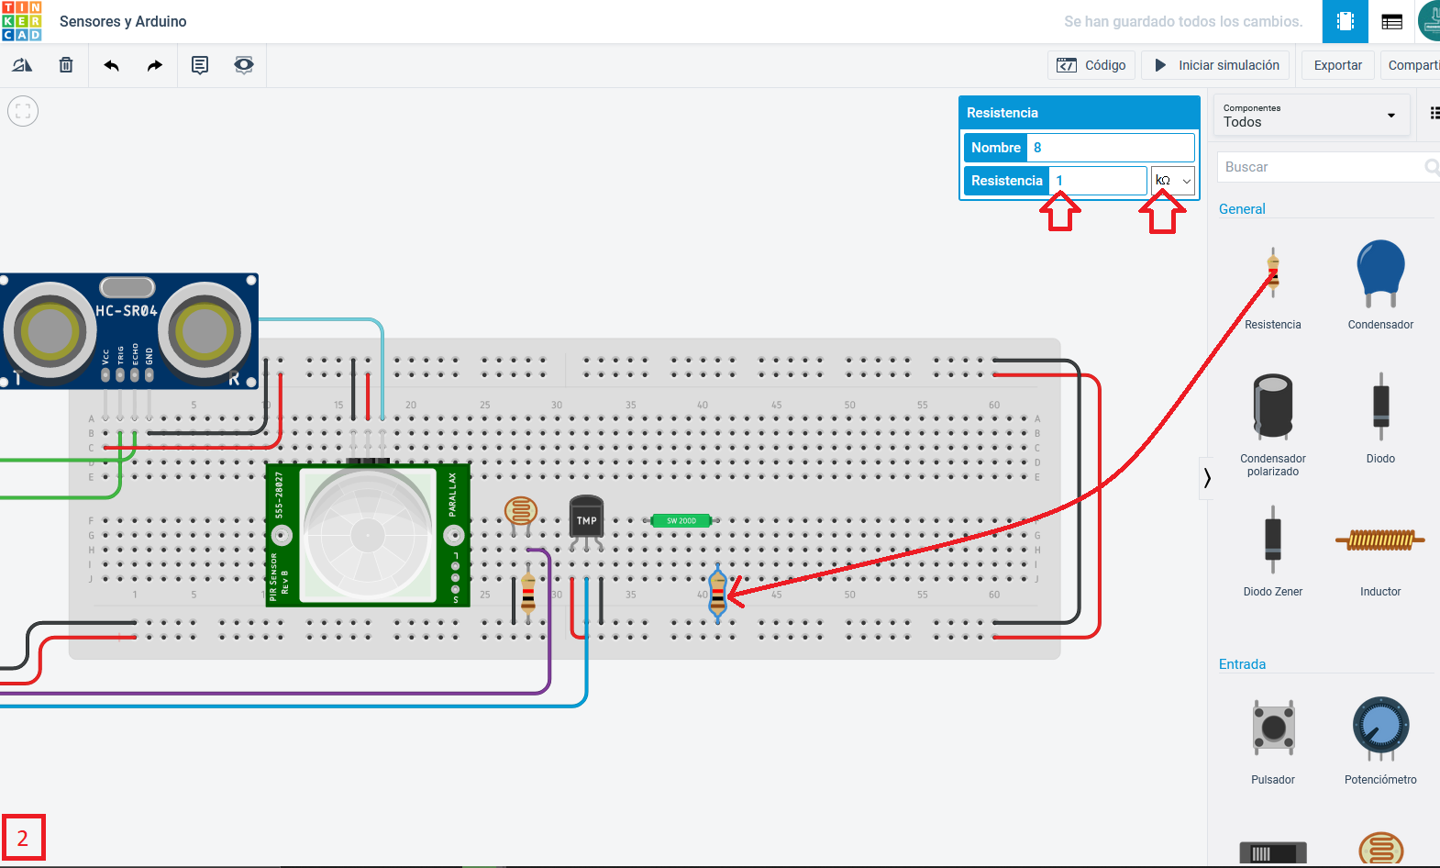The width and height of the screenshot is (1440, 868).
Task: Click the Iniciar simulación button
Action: coord(1215,65)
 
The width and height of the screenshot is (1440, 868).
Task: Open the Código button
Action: coord(1091,65)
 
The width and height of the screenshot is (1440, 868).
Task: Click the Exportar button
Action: coord(1337,65)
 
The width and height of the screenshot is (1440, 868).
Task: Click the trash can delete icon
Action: coord(66,65)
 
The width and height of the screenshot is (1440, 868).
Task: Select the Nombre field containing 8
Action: coord(1110,148)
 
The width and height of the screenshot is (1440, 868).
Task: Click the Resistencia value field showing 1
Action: coord(1098,181)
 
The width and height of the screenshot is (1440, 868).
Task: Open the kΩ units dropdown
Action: coord(1173,181)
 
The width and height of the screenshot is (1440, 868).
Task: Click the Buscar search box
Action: coord(1321,167)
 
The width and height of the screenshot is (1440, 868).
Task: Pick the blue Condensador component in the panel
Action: coord(1380,272)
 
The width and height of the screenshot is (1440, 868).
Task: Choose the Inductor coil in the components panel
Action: coord(1380,540)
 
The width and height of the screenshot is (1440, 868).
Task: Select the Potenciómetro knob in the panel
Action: coord(1380,728)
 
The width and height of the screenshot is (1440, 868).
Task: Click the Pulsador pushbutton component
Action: coord(1273,728)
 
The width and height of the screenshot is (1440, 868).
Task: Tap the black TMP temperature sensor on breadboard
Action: coord(586,521)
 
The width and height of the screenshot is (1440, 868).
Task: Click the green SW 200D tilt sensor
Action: coord(681,520)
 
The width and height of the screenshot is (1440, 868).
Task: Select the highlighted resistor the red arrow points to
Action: coord(718,594)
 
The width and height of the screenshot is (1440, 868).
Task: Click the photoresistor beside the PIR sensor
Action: coord(521,513)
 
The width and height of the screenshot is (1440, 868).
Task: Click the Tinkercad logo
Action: coord(22,21)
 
